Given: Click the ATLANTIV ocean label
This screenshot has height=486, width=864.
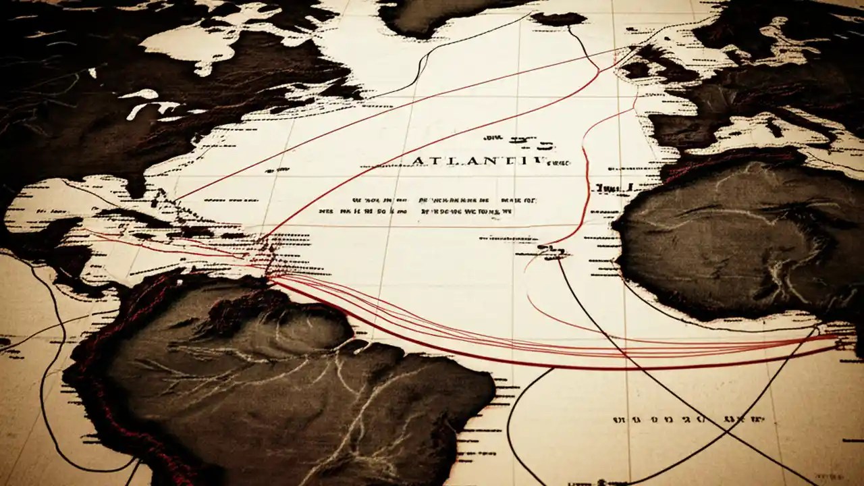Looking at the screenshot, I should click(x=479, y=161).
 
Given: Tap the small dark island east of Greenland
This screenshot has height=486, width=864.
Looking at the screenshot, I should click(x=559, y=19).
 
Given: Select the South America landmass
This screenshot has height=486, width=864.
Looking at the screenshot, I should click(x=283, y=385).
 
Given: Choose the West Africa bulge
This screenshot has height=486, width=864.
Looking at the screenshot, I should click(x=729, y=250).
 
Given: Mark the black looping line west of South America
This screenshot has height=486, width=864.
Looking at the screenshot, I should click(x=47, y=378).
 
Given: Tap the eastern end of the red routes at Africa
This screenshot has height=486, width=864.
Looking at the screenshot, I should click(x=834, y=337).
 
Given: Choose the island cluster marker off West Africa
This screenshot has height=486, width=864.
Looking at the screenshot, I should click(x=550, y=253).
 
